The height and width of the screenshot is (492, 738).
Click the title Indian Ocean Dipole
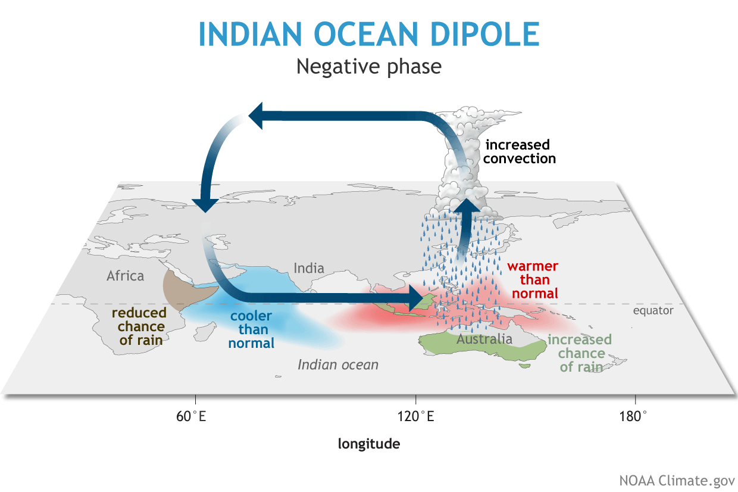point(368,34)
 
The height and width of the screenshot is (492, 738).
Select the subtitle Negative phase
point(368,66)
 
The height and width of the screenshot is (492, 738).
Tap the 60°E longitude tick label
point(191,416)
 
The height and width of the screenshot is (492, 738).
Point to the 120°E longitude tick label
point(415,416)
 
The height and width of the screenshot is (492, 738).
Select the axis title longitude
point(368,444)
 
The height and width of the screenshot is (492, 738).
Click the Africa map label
point(125,276)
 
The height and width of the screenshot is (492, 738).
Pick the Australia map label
point(484,339)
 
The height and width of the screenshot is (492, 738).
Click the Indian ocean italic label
point(337,365)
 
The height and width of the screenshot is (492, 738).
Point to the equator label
point(653,310)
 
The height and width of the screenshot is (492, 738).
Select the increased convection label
point(520,151)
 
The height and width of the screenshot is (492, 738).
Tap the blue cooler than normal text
point(251,329)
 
